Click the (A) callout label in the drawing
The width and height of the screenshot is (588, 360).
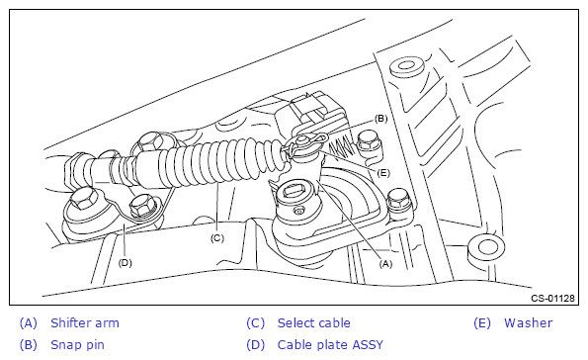pyautogui.click(x=385, y=264)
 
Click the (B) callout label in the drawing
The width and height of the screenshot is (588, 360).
pyautogui.click(x=381, y=119)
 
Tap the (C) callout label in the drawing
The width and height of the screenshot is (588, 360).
pyautogui.click(x=216, y=238)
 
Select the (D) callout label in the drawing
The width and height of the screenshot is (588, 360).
pyautogui.click(x=125, y=263)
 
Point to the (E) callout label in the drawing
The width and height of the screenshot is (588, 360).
pyautogui.click(x=382, y=173)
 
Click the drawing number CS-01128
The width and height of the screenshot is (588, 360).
pyautogui.click(x=552, y=298)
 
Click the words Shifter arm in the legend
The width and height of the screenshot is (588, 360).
pyautogui.click(x=85, y=322)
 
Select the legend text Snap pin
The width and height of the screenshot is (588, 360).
pyautogui.click(x=77, y=344)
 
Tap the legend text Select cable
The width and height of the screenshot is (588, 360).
pyautogui.click(x=314, y=322)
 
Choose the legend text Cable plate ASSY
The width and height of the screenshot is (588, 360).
pyautogui.click(x=330, y=344)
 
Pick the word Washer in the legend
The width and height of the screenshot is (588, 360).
pyautogui.click(x=528, y=322)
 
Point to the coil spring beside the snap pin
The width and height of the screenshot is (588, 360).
pyautogui.click(x=341, y=147)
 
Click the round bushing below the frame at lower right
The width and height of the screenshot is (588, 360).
pyautogui.click(x=486, y=250)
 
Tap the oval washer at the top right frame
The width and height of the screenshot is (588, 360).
pyautogui.click(x=407, y=67)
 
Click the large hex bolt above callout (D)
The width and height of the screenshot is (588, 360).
pyautogui.click(x=84, y=199)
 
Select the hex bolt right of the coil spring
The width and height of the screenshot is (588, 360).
pyautogui.click(x=368, y=142)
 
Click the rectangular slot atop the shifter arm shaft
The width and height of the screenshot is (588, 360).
pyautogui.click(x=295, y=191)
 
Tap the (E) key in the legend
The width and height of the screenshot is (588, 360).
pyautogui.click(x=482, y=322)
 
